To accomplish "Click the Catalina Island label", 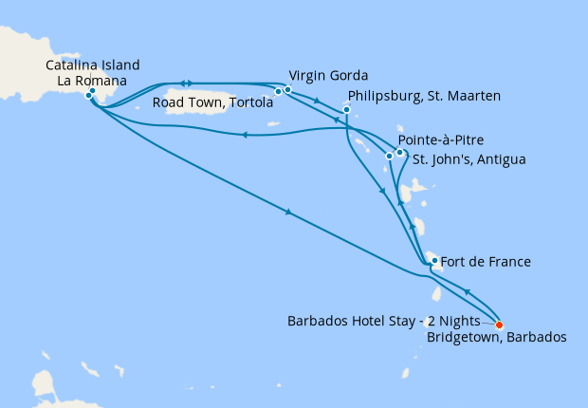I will (x=93, y=65).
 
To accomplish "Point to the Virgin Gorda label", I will (x=328, y=75).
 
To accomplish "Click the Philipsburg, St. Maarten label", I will (x=425, y=96).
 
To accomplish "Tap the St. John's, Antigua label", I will (x=466, y=158).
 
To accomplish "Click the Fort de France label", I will (x=487, y=261).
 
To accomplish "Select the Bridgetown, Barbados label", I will (x=497, y=337).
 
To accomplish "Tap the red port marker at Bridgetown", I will (x=500, y=323).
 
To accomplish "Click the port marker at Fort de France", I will (x=433, y=260).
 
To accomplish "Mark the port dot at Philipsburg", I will (x=346, y=110).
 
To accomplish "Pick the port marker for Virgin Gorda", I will (x=287, y=90).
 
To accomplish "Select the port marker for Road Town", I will (x=278, y=92).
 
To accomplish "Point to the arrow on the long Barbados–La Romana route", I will (x=286, y=213).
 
